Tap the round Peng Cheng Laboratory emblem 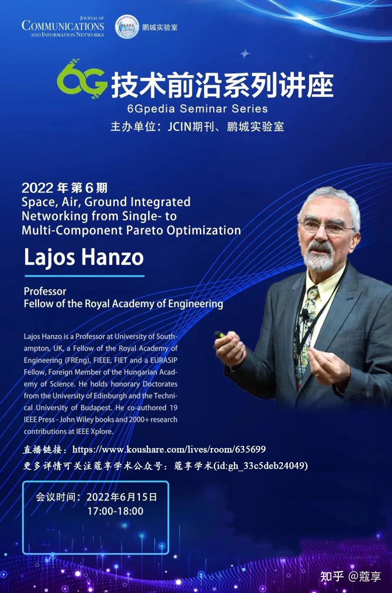click(127, 27)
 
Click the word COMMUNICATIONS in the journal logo click(63, 26)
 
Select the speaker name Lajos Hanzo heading click(84, 257)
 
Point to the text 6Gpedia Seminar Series click(197, 109)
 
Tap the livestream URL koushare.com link click(169, 449)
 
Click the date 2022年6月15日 click(122, 497)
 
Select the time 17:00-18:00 click(115, 511)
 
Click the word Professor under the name click(45, 291)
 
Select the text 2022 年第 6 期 click(65, 188)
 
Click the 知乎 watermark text click(332, 576)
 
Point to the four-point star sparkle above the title click(245, 54)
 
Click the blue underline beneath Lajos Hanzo click(84, 276)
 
